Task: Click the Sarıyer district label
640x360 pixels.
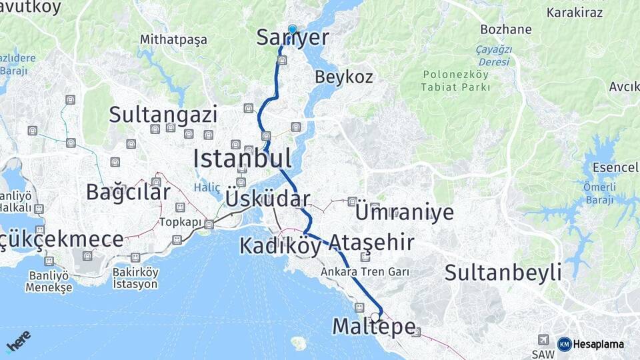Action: coord(293,38)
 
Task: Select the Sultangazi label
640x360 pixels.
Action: coord(163,115)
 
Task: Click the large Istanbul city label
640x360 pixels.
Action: coord(242,159)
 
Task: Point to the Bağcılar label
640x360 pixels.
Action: coord(128,193)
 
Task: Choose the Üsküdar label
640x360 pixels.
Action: coord(267,199)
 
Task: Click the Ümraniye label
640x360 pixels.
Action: coord(404,213)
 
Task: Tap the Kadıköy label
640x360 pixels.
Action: coord(280,245)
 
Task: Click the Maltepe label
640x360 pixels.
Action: coord(373,327)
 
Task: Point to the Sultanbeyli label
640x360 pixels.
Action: coord(503,272)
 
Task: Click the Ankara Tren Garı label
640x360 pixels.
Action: coord(364,272)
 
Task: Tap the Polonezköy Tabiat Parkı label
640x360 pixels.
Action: coord(456,80)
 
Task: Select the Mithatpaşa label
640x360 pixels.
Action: coord(173,40)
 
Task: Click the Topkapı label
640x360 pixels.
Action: coord(180,222)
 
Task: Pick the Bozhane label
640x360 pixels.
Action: coord(507,29)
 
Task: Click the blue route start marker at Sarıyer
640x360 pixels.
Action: coord(292,29)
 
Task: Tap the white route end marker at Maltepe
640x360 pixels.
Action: coord(375,317)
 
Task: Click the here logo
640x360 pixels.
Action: coord(19,341)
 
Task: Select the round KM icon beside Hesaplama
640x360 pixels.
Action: coord(565,344)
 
